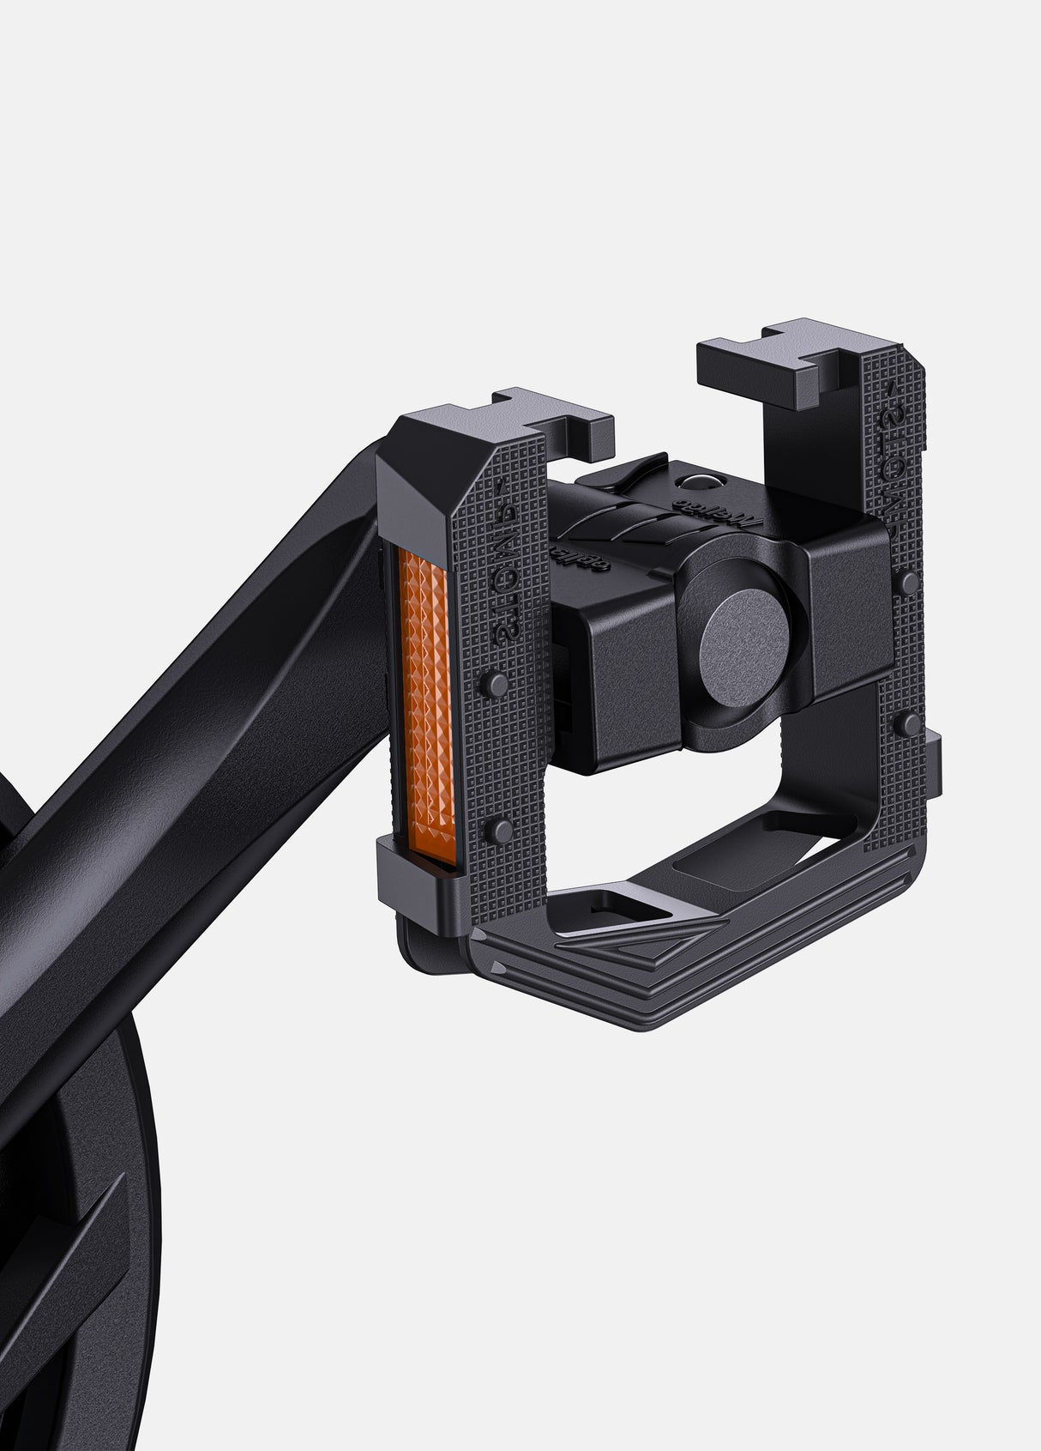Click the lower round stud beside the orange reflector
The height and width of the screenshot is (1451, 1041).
[495, 830]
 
